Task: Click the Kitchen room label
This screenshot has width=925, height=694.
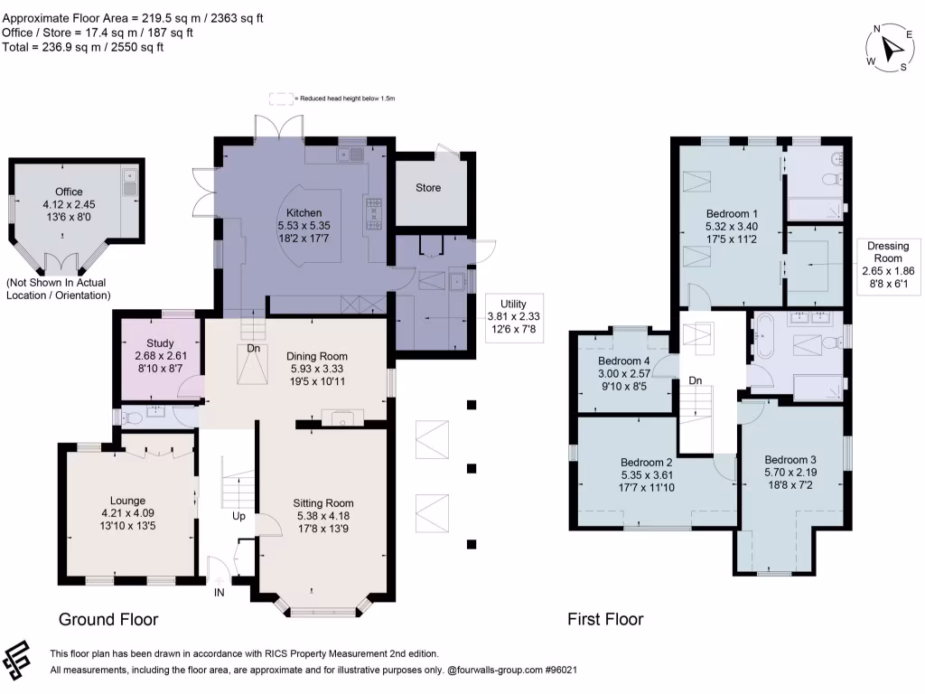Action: pos(304,213)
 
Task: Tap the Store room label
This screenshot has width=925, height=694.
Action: pos(428,188)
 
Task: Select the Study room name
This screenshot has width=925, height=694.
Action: pos(160,342)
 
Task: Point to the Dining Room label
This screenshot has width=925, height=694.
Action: pos(317,356)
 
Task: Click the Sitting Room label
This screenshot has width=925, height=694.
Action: pos(323,502)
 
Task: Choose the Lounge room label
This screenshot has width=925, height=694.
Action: pos(127,501)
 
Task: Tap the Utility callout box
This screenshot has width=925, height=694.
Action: pos(514,317)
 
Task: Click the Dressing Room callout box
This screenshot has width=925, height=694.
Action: pos(888,265)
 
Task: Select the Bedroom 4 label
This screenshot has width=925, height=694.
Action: pos(623,361)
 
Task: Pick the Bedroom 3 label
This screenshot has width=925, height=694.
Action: pos(790,460)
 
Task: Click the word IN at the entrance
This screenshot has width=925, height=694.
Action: pos(219,593)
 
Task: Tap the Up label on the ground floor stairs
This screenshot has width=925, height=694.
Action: pos(238,516)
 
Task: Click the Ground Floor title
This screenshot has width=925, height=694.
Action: pos(108,619)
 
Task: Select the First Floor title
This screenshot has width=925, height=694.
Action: pos(605,619)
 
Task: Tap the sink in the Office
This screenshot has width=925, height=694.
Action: pos(129,182)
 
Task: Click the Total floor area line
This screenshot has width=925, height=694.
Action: pos(82,47)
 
